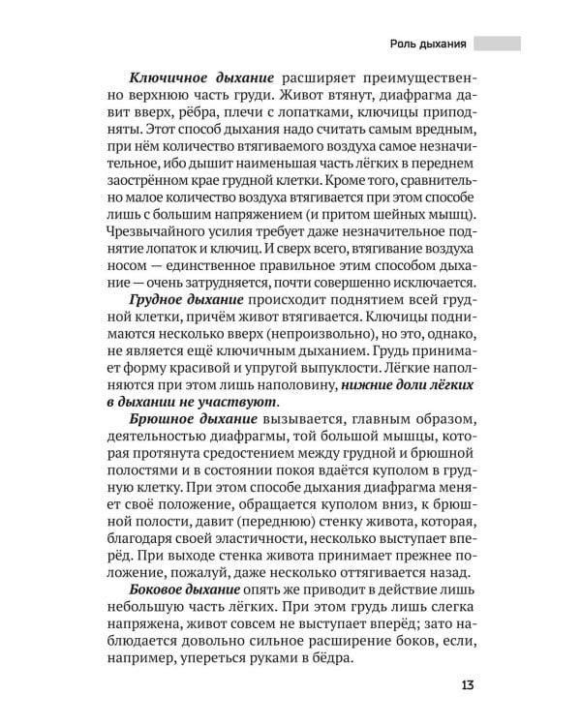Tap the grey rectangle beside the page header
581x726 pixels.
[498, 44]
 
